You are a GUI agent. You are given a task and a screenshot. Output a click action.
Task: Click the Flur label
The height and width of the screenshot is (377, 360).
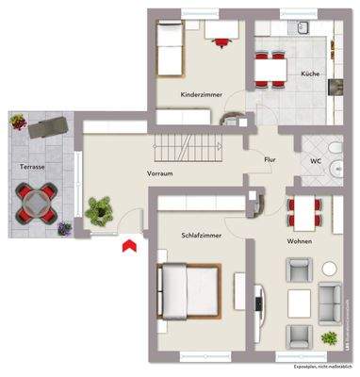tap(270, 160)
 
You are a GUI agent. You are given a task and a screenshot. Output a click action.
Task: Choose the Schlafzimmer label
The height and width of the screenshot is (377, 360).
tap(200, 235)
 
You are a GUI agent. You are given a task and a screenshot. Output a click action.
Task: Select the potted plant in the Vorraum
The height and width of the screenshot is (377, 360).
tap(98, 209)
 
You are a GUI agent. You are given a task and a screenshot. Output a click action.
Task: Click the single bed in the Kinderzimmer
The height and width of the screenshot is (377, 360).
tap(168, 48)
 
